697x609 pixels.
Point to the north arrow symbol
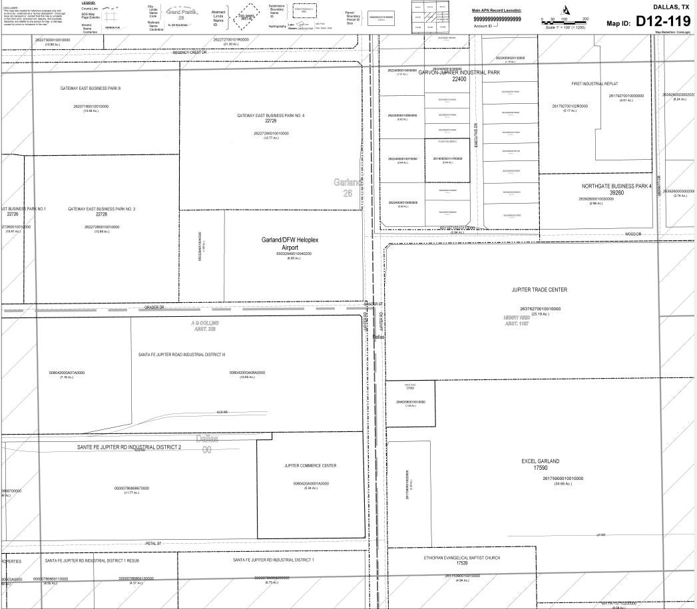coord(566,9)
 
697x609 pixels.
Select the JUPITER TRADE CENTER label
coord(539,290)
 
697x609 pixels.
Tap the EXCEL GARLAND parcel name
coord(540,461)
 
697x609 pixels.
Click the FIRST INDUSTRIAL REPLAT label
coord(594,85)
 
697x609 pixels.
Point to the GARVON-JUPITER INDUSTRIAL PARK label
coord(459,73)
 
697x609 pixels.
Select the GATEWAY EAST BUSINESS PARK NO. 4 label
coord(270,116)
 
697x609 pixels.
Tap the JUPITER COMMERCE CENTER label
coord(310,466)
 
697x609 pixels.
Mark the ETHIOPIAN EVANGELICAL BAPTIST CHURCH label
coord(461,558)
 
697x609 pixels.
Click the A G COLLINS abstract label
coord(204,323)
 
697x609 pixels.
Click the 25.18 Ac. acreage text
coord(539,314)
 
